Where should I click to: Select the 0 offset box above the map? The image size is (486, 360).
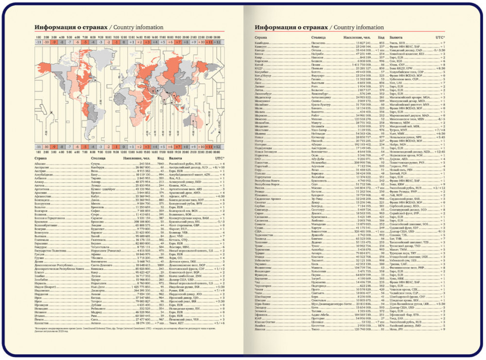click(x=124, y=42)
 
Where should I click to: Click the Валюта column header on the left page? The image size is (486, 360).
click(x=175, y=159)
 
